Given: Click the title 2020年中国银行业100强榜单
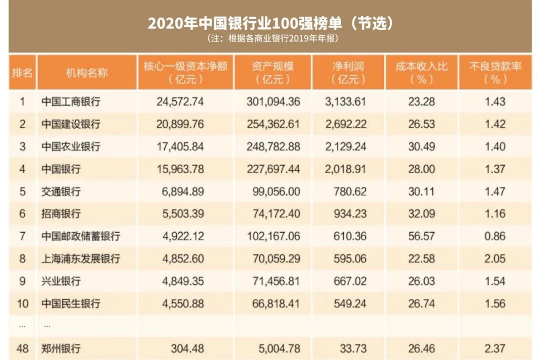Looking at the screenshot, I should coord(270,23).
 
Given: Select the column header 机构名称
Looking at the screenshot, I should coord(87,73).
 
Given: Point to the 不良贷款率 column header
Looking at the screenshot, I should coord(495,73).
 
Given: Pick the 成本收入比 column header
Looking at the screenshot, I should coord(421,73).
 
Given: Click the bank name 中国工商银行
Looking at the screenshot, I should coord(71,102).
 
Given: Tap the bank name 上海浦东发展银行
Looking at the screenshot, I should coord(81,259).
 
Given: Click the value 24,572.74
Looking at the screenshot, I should coord(180,102).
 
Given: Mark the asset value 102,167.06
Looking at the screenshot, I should coord(273,236).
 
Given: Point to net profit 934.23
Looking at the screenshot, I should coord(350,214).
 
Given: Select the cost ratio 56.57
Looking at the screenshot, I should coord(421,236).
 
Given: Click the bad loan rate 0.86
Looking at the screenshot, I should coord(495,236).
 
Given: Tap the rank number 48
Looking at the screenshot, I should coord(22,348).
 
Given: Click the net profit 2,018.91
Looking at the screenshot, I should coord(346,169).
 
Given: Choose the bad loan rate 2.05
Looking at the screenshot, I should coord(495,259).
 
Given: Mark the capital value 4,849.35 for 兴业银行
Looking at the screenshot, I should coord(183,281).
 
